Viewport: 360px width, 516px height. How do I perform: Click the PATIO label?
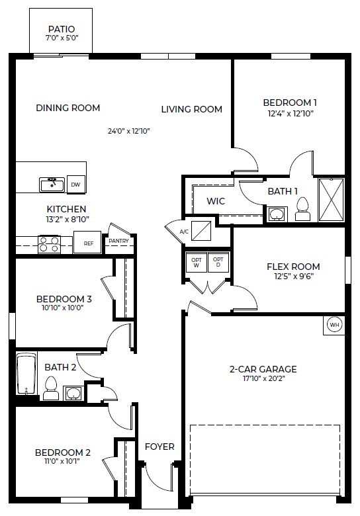[x=62, y=29]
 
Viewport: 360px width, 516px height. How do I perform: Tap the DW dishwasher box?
[x=76, y=185]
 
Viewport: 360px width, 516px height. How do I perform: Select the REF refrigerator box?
[x=89, y=243]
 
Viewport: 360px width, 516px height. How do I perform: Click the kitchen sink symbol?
[x=52, y=185]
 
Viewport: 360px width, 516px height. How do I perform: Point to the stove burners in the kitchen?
[x=48, y=244]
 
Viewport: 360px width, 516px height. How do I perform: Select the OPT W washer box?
[x=197, y=262]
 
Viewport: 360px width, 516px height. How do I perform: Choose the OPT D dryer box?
[x=218, y=262]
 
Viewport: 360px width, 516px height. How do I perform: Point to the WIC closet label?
[x=216, y=201]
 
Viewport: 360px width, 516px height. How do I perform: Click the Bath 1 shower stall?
[x=330, y=200]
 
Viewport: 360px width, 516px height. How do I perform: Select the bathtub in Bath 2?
[x=26, y=374]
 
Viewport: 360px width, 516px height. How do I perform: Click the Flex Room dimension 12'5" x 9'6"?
[x=289, y=277]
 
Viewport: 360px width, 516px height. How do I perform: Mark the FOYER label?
[x=159, y=447]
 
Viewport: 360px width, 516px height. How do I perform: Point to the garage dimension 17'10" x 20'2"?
[x=263, y=379]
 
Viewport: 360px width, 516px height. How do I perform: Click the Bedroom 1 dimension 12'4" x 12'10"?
[x=290, y=113]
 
